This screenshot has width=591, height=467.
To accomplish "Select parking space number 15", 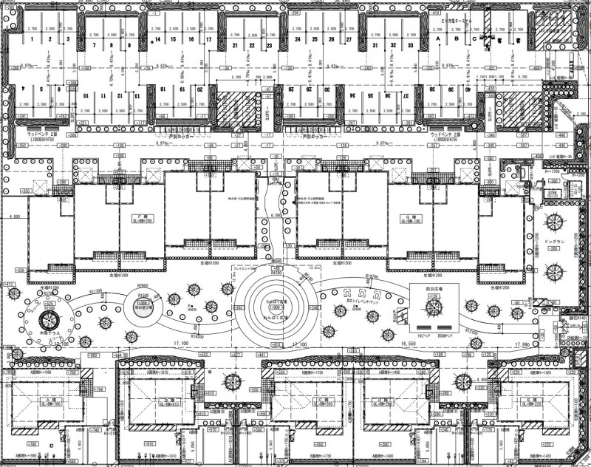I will (x=172, y=38).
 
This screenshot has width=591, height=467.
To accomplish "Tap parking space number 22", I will (x=252, y=45).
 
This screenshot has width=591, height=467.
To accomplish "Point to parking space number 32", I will (x=392, y=45).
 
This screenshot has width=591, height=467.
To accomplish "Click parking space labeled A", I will (x=439, y=38).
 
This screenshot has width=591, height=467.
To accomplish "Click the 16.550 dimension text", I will (x=419, y=344).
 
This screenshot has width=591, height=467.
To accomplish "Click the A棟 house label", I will (x=49, y=400).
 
